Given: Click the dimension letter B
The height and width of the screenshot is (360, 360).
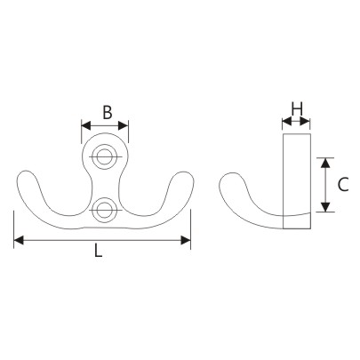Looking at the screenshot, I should [x=107, y=113].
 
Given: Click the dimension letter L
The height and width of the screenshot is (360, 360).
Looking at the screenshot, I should [x=99, y=252].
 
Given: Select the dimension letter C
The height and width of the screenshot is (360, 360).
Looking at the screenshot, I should [x=342, y=185].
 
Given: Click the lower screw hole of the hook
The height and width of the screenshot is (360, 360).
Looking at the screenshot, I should [x=105, y=211].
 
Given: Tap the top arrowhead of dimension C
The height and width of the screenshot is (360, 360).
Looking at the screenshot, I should [x=326, y=163].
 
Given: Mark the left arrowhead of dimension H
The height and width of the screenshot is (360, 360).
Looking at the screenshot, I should [x=286, y=121].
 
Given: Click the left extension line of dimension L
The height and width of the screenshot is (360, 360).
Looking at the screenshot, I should [x=14, y=227].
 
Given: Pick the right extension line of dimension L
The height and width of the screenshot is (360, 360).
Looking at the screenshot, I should [x=190, y=227].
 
